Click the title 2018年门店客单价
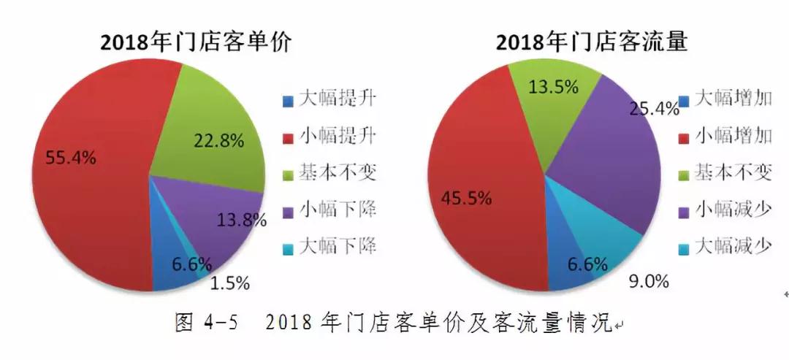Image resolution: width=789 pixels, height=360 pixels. [196, 42]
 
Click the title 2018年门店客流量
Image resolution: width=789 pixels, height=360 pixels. [592, 42]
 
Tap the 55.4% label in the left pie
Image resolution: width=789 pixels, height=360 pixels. [70, 156]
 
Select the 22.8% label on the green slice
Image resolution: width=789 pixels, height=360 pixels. [218, 142]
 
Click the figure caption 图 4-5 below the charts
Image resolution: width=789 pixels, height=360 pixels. [394, 322]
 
